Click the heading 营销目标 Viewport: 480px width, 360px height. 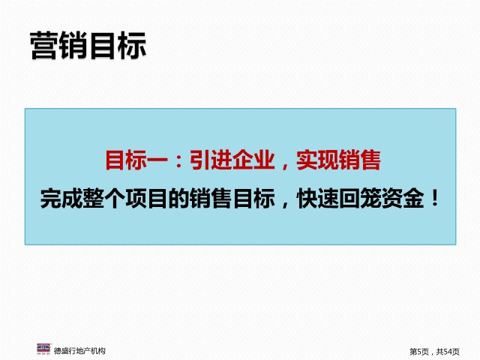click(88, 46)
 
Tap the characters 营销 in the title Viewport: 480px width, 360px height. click(59, 46)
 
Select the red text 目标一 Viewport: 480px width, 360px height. click(136, 160)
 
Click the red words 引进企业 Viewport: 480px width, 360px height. click(232, 160)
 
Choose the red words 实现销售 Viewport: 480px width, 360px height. click(338, 160)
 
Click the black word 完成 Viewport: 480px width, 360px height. click(61, 199)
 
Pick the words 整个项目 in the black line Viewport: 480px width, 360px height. click(125, 199)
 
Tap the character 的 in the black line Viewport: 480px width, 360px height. click(178, 199)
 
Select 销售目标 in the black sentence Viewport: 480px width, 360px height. click(232, 199)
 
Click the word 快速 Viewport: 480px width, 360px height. click(317, 199)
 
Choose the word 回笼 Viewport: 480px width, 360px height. click(360, 199)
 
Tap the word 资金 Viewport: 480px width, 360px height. click(403, 199)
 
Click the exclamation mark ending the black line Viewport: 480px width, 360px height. click(435, 198)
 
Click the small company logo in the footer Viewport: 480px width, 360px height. click(43, 349)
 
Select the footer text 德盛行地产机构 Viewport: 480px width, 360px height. click(79, 351)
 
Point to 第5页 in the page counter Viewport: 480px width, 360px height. click(419, 352)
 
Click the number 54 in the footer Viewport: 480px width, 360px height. click(448, 352)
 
